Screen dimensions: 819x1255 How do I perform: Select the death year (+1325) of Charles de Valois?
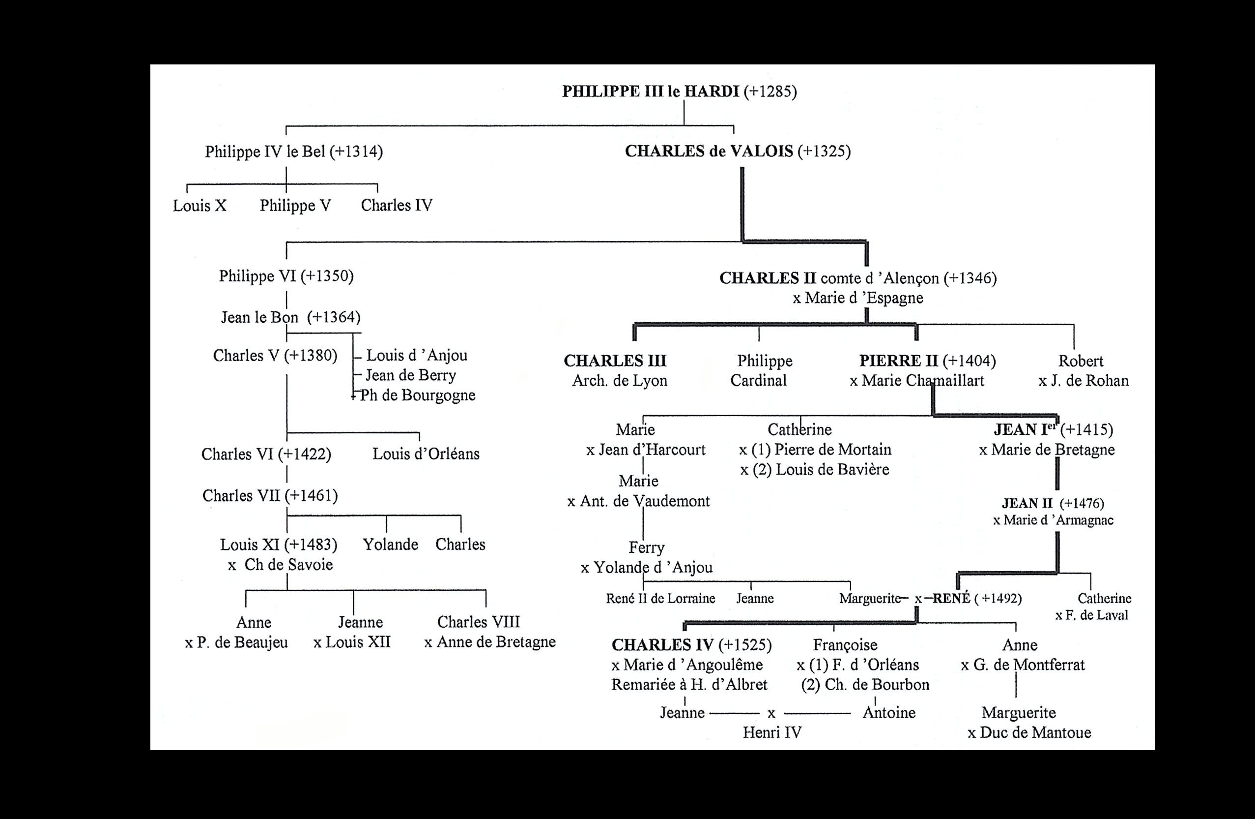[824, 152]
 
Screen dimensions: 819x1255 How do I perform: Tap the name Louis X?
[200, 205]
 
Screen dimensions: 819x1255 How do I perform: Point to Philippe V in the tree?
[295, 205]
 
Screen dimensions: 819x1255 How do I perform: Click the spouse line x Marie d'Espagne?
[858, 298]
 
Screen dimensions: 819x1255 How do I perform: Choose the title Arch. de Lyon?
[620, 380]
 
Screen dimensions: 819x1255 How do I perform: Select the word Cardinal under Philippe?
[758, 380]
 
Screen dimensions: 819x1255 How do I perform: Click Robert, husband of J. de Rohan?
[1081, 361]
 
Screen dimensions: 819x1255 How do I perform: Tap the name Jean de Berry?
[411, 375]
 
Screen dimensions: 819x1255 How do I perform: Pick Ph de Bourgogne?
[418, 395]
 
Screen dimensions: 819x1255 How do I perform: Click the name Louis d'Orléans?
[426, 454]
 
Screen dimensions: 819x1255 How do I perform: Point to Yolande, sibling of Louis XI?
[390, 545]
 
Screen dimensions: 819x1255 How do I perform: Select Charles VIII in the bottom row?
[478, 622]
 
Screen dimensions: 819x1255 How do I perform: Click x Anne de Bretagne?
[490, 642]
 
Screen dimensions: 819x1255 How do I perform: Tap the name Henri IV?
[772, 732]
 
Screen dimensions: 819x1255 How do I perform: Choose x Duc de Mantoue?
[1029, 732]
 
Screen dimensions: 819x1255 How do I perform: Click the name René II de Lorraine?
[660, 599]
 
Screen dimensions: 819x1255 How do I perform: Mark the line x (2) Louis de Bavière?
[815, 470]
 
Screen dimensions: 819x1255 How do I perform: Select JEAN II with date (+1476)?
[1053, 503]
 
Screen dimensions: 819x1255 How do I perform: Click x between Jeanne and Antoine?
[771, 713]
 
